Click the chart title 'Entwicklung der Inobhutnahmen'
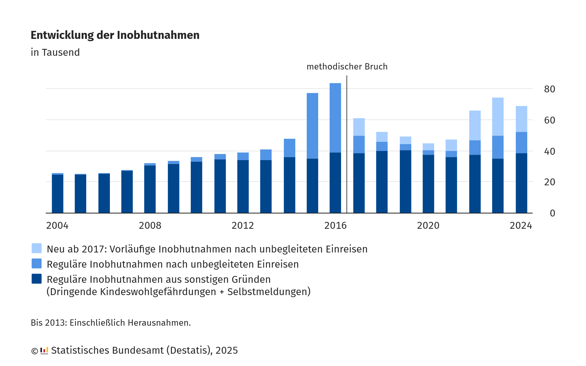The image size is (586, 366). tap(115, 35)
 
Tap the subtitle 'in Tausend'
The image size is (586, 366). tap(55, 53)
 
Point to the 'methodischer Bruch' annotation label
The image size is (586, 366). tap(347, 67)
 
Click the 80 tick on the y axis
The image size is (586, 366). tap(549, 89)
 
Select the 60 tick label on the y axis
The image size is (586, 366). tap(549, 120)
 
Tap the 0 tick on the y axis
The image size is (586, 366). tap(552, 213)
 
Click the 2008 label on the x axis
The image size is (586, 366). tap(150, 226)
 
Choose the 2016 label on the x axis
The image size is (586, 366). tap(335, 226)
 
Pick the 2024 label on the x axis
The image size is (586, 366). tap(521, 226)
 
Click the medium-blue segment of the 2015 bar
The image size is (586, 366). tap(312, 126)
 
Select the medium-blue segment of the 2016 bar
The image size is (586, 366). tap(335, 118)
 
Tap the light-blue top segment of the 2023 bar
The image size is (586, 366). tap(498, 117)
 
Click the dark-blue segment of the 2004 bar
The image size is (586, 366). tap(58, 194)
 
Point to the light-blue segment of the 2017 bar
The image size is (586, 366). tap(359, 127)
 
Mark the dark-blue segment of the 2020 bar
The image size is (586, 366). tap(428, 184)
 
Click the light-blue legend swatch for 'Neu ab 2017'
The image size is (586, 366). tap(37, 248)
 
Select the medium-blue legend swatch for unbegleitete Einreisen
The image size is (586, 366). tap(37, 263)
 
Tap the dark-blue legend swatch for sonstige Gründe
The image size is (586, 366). tap(37, 279)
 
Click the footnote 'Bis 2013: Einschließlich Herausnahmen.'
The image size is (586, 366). tap(111, 323)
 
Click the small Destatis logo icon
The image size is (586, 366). tap(44, 351)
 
